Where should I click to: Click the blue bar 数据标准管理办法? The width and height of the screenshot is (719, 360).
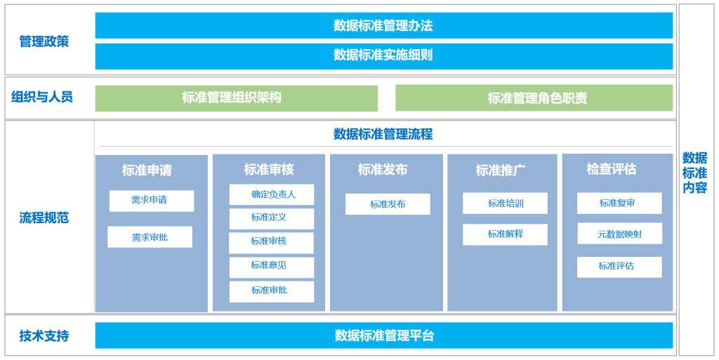[384, 25]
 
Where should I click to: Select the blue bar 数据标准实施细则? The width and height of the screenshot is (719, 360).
[384, 56]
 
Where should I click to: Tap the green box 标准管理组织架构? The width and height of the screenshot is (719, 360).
[236, 98]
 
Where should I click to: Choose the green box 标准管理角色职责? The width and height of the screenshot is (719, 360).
[534, 98]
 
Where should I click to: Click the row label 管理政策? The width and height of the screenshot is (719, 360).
[44, 41]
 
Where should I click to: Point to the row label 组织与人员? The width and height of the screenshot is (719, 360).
[42, 97]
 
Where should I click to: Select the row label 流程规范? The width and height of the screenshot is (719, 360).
[44, 218]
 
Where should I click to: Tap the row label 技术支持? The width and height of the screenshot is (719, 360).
[44, 335]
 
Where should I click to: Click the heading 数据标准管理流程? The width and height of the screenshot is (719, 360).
[383, 134]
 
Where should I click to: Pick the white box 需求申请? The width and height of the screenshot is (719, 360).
[152, 201]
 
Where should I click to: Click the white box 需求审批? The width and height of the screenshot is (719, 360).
[150, 236]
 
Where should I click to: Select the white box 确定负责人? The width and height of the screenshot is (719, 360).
[272, 194]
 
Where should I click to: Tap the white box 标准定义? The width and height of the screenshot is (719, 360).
[272, 218]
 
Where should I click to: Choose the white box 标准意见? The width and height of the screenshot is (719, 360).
[272, 267]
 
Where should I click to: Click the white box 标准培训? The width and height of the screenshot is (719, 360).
[505, 203]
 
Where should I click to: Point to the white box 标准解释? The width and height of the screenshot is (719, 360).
[505, 234]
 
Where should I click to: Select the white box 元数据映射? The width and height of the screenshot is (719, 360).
[619, 234]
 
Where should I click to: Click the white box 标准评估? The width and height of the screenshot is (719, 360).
[619, 267]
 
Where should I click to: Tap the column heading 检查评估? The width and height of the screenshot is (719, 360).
[612, 169]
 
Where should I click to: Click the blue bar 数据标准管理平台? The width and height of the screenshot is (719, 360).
[384, 335]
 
